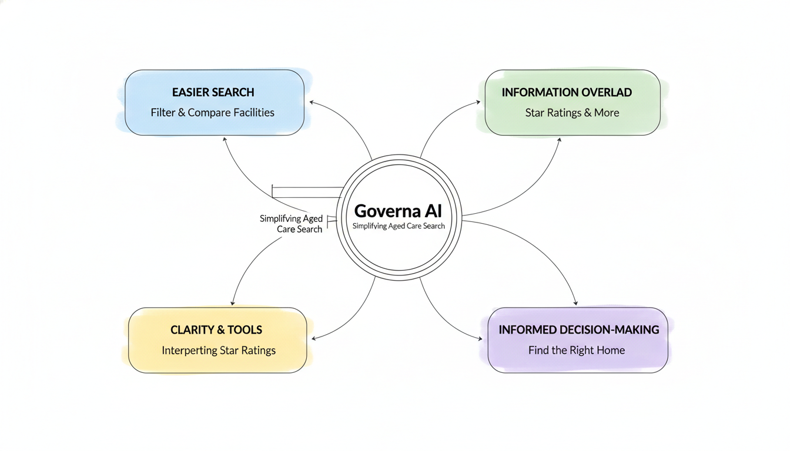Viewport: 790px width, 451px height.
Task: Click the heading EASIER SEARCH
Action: pos(213,92)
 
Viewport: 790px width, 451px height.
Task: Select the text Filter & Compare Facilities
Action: pos(213,112)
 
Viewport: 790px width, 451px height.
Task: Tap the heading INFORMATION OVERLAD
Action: pos(567,92)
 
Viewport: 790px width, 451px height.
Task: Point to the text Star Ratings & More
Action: pos(572,112)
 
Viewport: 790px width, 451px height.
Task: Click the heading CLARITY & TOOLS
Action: pos(216,330)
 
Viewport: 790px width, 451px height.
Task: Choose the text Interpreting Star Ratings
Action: pos(219,351)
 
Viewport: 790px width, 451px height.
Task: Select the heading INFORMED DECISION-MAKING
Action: pos(578,330)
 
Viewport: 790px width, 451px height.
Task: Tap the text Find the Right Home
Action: pos(577,351)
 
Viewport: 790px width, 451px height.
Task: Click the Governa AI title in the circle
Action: pos(398,211)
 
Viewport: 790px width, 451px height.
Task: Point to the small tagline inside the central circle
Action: pos(399,226)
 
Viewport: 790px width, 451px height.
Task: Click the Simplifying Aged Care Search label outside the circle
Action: pos(292,224)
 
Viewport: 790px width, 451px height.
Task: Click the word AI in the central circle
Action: pos(433,211)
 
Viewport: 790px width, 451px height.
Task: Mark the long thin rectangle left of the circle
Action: pos(307,192)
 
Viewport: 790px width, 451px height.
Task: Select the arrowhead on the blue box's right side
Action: pos(312,102)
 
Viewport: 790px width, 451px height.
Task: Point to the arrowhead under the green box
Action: pos(560,140)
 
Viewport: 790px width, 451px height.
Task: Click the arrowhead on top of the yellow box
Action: pos(233,303)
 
